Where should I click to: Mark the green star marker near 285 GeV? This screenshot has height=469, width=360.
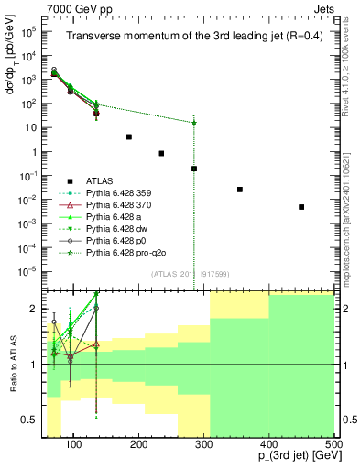[x=194, y=123]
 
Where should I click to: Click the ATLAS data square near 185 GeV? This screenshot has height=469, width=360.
[x=129, y=136]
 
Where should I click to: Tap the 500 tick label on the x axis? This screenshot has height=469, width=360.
[x=333, y=444]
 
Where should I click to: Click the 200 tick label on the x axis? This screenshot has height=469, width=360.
[x=139, y=444]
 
